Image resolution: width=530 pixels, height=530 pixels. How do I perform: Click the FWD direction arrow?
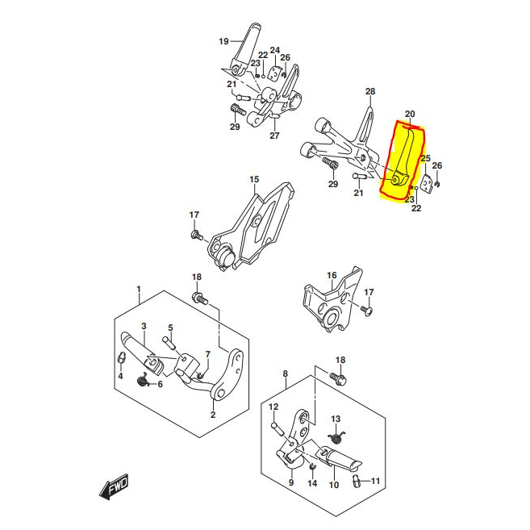click(114, 486)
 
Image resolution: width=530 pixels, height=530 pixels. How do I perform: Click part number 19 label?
click(223, 42)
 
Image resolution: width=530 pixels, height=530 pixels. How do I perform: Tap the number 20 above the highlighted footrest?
click(410, 115)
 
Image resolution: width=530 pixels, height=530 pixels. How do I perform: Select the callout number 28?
click(370, 92)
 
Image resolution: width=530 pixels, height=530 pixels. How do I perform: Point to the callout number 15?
click(254, 179)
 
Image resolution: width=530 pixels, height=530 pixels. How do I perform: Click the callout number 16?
click(332, 275)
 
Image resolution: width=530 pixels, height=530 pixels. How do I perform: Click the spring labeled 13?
click(336, 437)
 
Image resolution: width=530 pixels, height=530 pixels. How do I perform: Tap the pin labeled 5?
click(169, 342)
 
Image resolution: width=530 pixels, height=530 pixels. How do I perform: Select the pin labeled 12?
click(278, 427)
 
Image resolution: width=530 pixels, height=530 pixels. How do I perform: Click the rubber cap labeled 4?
click(121, 357)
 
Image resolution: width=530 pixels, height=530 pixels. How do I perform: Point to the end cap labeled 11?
click(357, 480)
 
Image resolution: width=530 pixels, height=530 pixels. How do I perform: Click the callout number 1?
click(139, 290)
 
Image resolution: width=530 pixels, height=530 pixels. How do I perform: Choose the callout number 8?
click(286, 374)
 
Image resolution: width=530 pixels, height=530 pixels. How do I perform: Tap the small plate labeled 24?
click(274, 73)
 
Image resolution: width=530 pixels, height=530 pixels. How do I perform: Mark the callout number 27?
click(274, 136)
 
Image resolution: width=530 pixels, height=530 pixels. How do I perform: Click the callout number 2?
click(213, 415)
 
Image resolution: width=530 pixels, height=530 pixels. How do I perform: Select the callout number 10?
click(334, 485)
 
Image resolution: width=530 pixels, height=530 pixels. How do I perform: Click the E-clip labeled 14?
click(312, 467)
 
